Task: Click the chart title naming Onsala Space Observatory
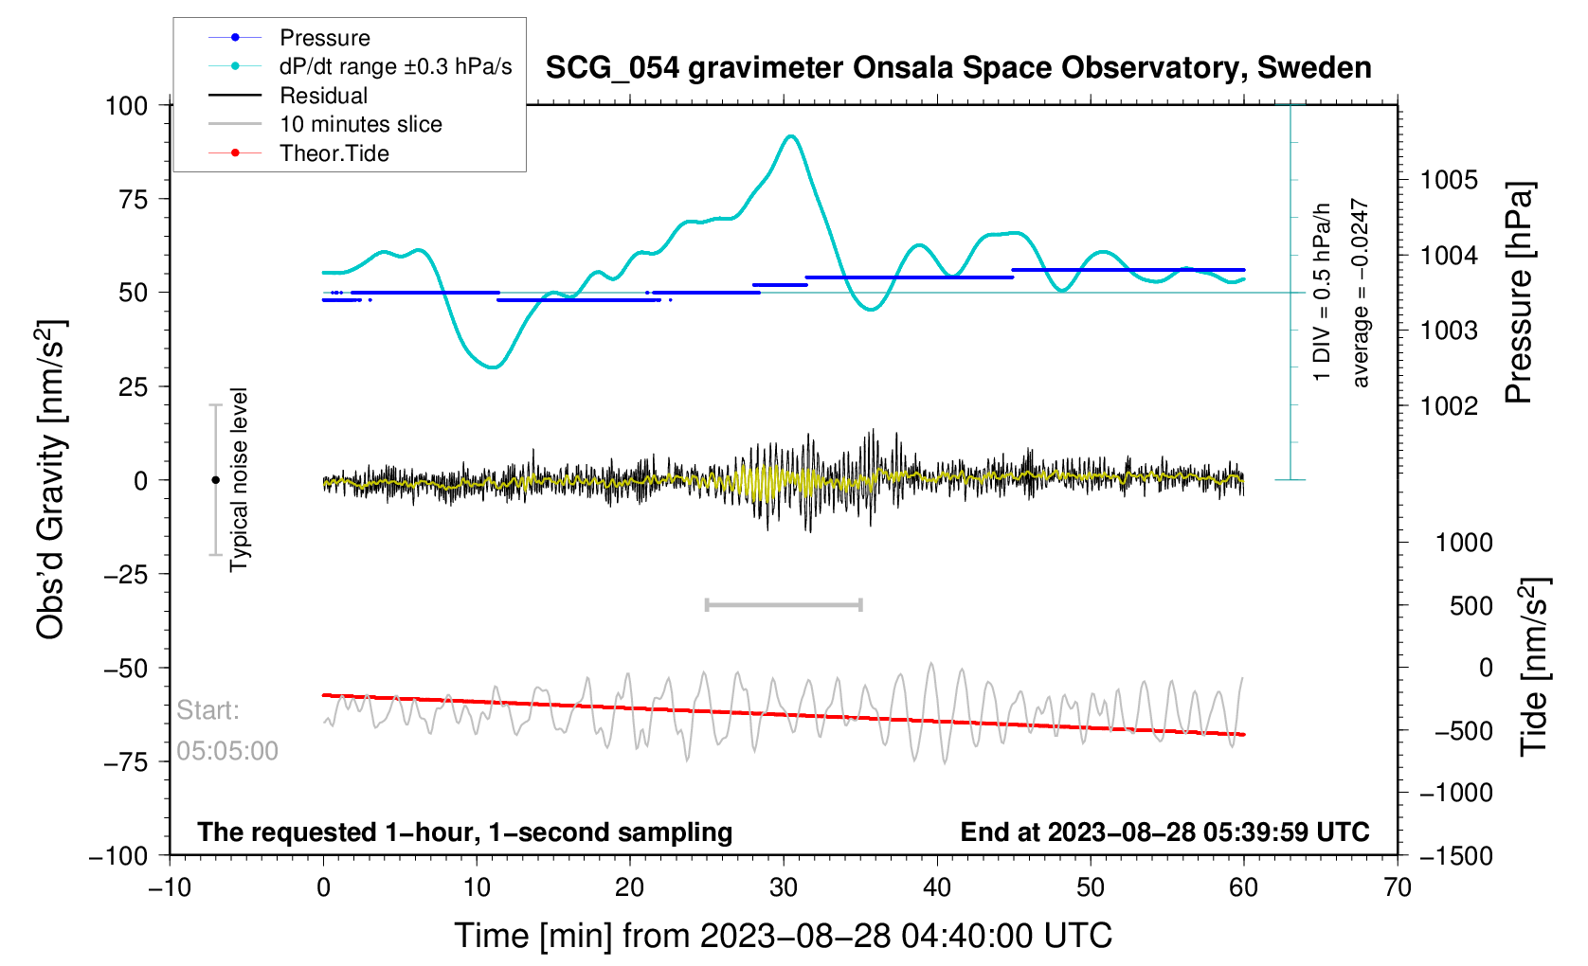pos(958,68)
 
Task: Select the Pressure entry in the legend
pos(324,38)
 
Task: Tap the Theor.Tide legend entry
pos(334,153)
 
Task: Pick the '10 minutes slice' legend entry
pos(360,124)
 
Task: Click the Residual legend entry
pos(323,96)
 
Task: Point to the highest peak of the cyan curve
pos(790,136)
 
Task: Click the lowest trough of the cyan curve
pos(493,367)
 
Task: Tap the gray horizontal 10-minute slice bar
pos(784,604)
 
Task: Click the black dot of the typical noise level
pos(215,480)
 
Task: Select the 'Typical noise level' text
pos(239,479)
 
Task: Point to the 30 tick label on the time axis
pos(784,887)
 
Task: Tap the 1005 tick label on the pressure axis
pos(1449,180)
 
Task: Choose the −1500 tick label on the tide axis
pos(1456,855)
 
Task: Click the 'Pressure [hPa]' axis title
pos(1519,294)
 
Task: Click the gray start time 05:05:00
pos(227,751)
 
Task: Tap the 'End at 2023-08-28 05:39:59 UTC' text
pos(1164,832)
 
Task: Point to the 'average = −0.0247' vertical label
pos(1361,293)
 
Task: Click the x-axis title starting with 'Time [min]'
pos(783,936)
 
